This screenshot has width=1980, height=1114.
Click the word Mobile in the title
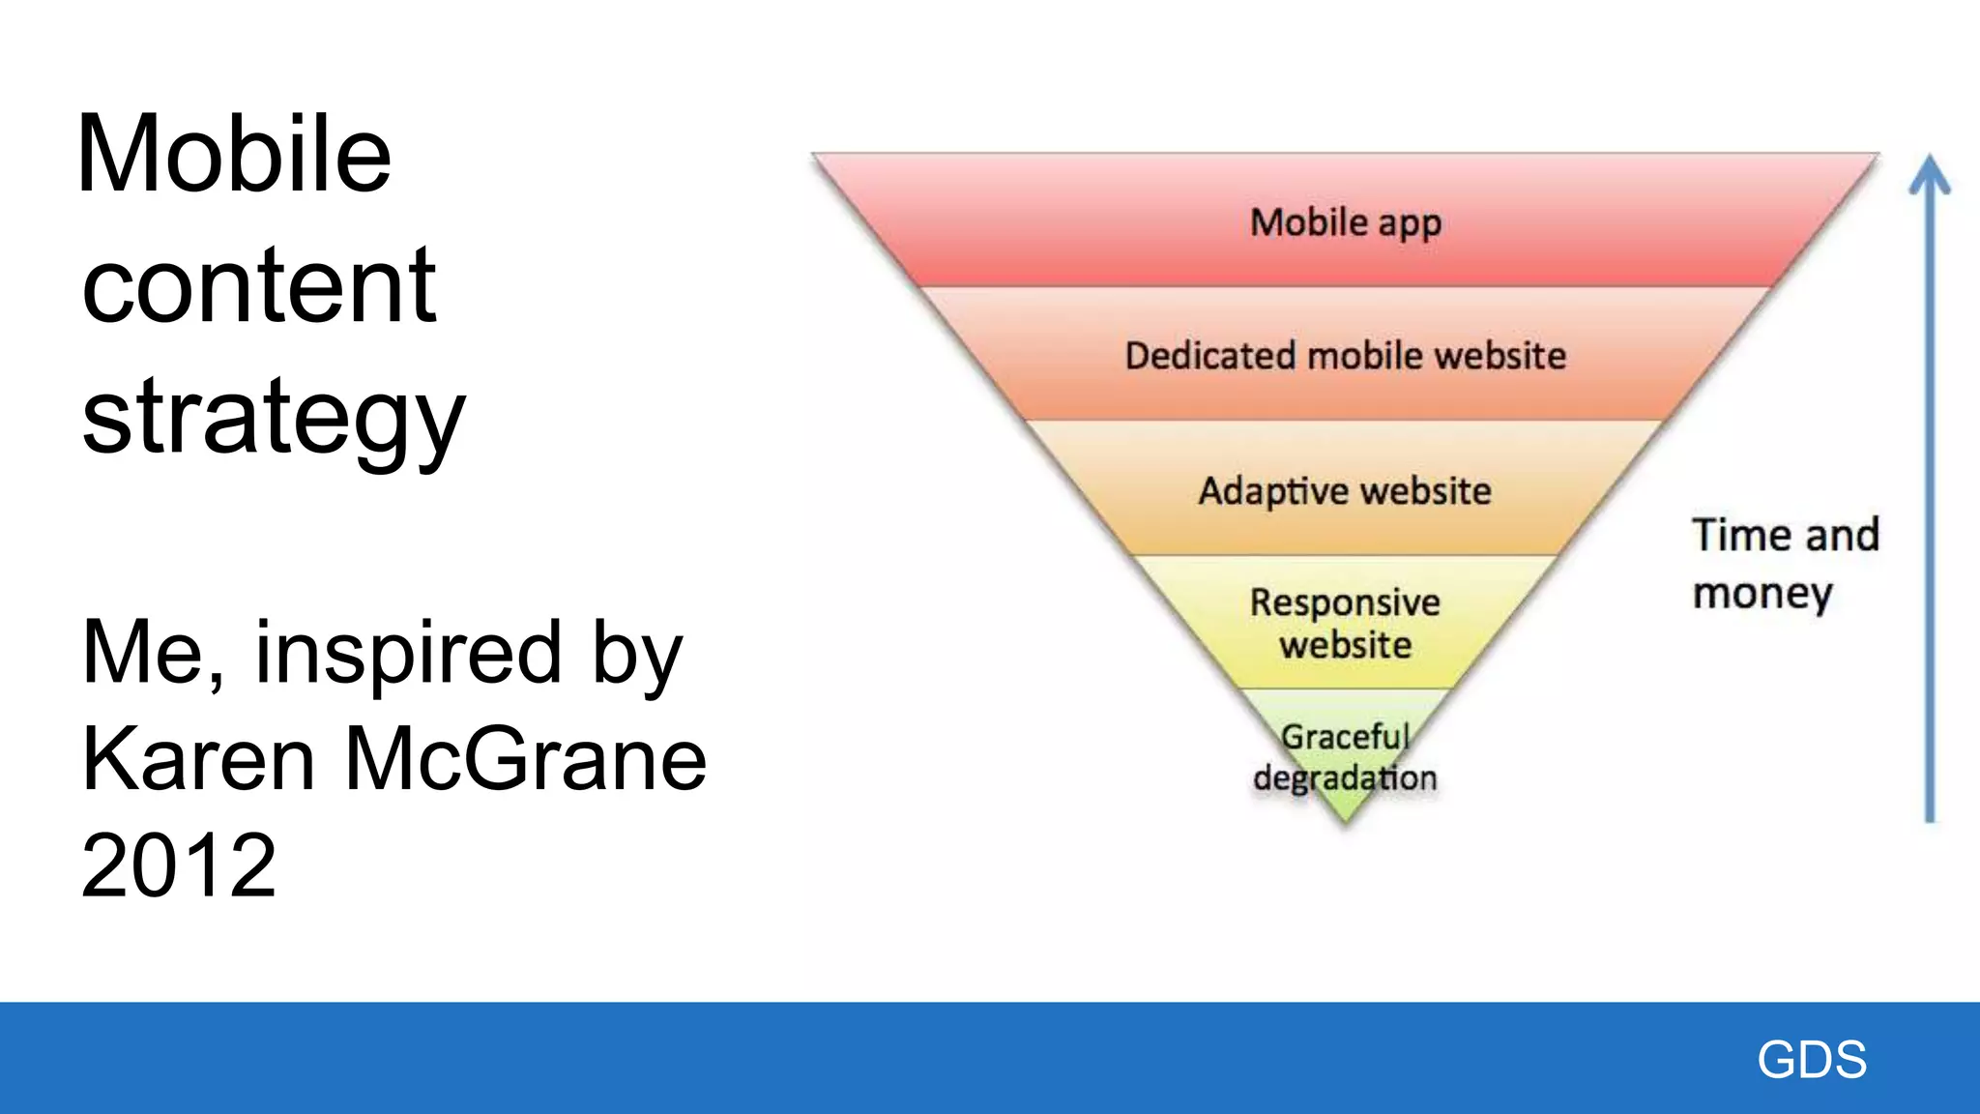234,155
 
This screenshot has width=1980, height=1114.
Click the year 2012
179,865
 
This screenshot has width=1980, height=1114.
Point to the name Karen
198,759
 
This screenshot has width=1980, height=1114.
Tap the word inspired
407,654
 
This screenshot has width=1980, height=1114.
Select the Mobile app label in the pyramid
1345,223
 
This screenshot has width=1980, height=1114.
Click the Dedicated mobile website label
1345,356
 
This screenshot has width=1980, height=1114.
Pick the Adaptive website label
1345,491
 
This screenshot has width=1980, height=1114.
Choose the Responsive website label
1345,624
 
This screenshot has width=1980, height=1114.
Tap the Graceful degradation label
1345,757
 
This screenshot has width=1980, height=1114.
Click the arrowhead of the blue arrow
1929,174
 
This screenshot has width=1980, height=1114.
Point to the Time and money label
1784,564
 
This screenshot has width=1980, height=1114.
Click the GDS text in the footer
1812,1059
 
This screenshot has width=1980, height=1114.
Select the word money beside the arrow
1762,594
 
